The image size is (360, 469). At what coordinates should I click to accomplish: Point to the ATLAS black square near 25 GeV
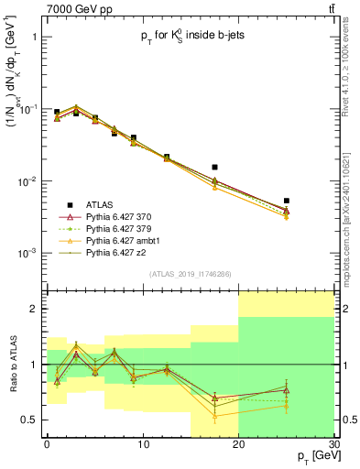(287, 201)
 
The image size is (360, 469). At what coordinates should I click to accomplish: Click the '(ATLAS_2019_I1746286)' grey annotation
(190, 274)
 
